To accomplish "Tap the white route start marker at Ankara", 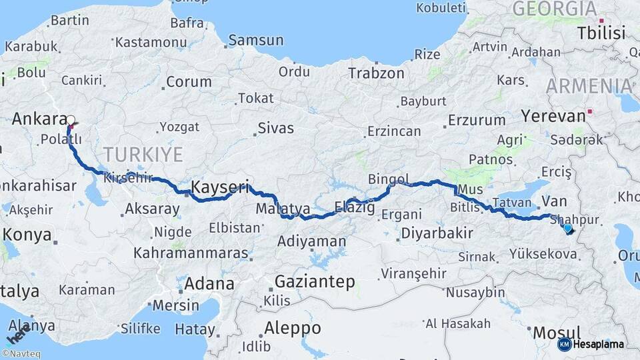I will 70,121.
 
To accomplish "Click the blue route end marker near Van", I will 567,229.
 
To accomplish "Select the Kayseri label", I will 220,187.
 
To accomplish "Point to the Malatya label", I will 283,209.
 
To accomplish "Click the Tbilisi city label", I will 601,33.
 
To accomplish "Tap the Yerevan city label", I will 552,116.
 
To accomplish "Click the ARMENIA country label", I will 589,85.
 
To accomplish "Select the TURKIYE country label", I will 143,155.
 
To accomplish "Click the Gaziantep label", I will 315,282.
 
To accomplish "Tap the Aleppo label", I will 293,328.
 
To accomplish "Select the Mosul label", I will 557,332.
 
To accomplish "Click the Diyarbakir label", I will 437,233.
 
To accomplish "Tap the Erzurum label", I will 477,121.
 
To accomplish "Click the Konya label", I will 27,235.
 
